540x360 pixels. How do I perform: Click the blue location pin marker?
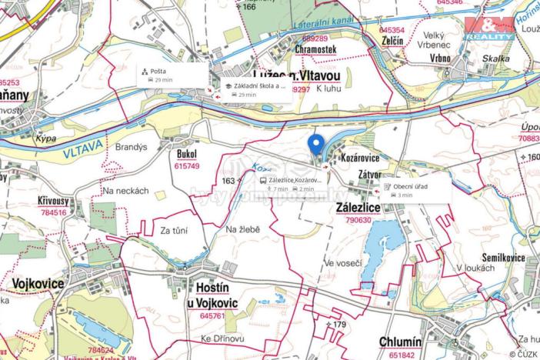315,145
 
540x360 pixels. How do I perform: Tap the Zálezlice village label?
359,208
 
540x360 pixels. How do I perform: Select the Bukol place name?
186,155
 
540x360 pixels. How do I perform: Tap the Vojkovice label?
37,283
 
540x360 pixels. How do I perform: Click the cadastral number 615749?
187,166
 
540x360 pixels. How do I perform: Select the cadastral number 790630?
359,220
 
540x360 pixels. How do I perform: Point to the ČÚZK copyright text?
524,353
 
